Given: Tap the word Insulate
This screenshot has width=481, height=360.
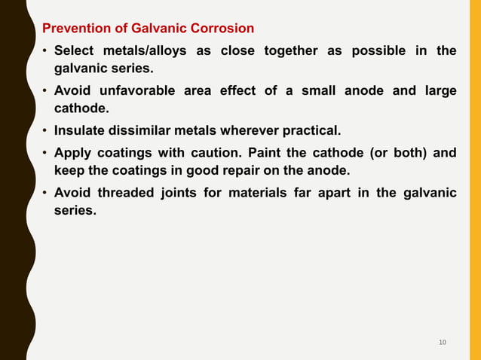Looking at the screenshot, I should coord(82,132).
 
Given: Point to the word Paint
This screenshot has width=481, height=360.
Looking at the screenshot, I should coord(266,153).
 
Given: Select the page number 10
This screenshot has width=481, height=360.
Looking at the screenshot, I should coord(443,343).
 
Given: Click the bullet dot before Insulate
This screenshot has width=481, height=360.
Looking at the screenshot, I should coord(45,132).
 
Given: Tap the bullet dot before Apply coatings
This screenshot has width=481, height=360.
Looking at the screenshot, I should coord(45,153).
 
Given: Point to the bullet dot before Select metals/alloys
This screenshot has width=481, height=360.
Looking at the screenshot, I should coord(45,50).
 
